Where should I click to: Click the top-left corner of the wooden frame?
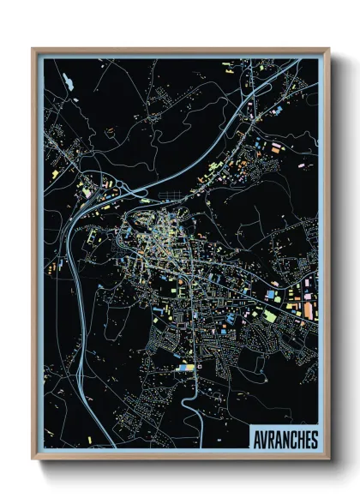[33, 49]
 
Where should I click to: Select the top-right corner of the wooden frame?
[329, 49]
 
